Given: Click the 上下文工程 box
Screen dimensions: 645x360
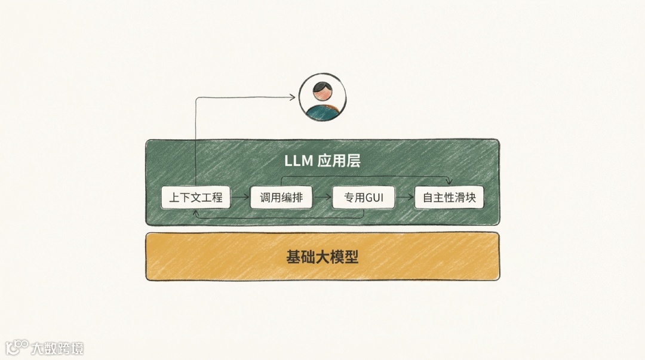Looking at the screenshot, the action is pos(195,198).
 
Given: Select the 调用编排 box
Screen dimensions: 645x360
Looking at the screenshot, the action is pos(281,198).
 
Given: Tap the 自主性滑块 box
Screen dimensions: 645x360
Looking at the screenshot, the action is pos(449,198).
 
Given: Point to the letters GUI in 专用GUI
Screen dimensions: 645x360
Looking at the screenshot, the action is pos(374,198).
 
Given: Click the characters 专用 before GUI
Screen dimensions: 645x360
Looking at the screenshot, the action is pos(354,198).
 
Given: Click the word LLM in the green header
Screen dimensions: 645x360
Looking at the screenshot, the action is pos(299,161).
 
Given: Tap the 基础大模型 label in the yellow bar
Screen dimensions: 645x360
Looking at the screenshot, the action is pos(322,257).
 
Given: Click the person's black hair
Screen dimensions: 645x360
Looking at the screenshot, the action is pos(322,85).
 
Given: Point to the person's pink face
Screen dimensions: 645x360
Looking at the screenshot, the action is pos(322,94).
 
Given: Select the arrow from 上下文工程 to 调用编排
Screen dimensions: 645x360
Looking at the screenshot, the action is pos(240,197).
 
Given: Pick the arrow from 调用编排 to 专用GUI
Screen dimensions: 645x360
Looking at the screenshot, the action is pos(322,197).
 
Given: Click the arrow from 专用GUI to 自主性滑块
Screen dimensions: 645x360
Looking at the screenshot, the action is pos(404,197).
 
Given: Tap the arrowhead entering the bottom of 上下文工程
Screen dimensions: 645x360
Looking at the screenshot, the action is pos(196,211).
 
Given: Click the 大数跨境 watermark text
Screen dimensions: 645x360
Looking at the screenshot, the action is pos(58,348).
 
